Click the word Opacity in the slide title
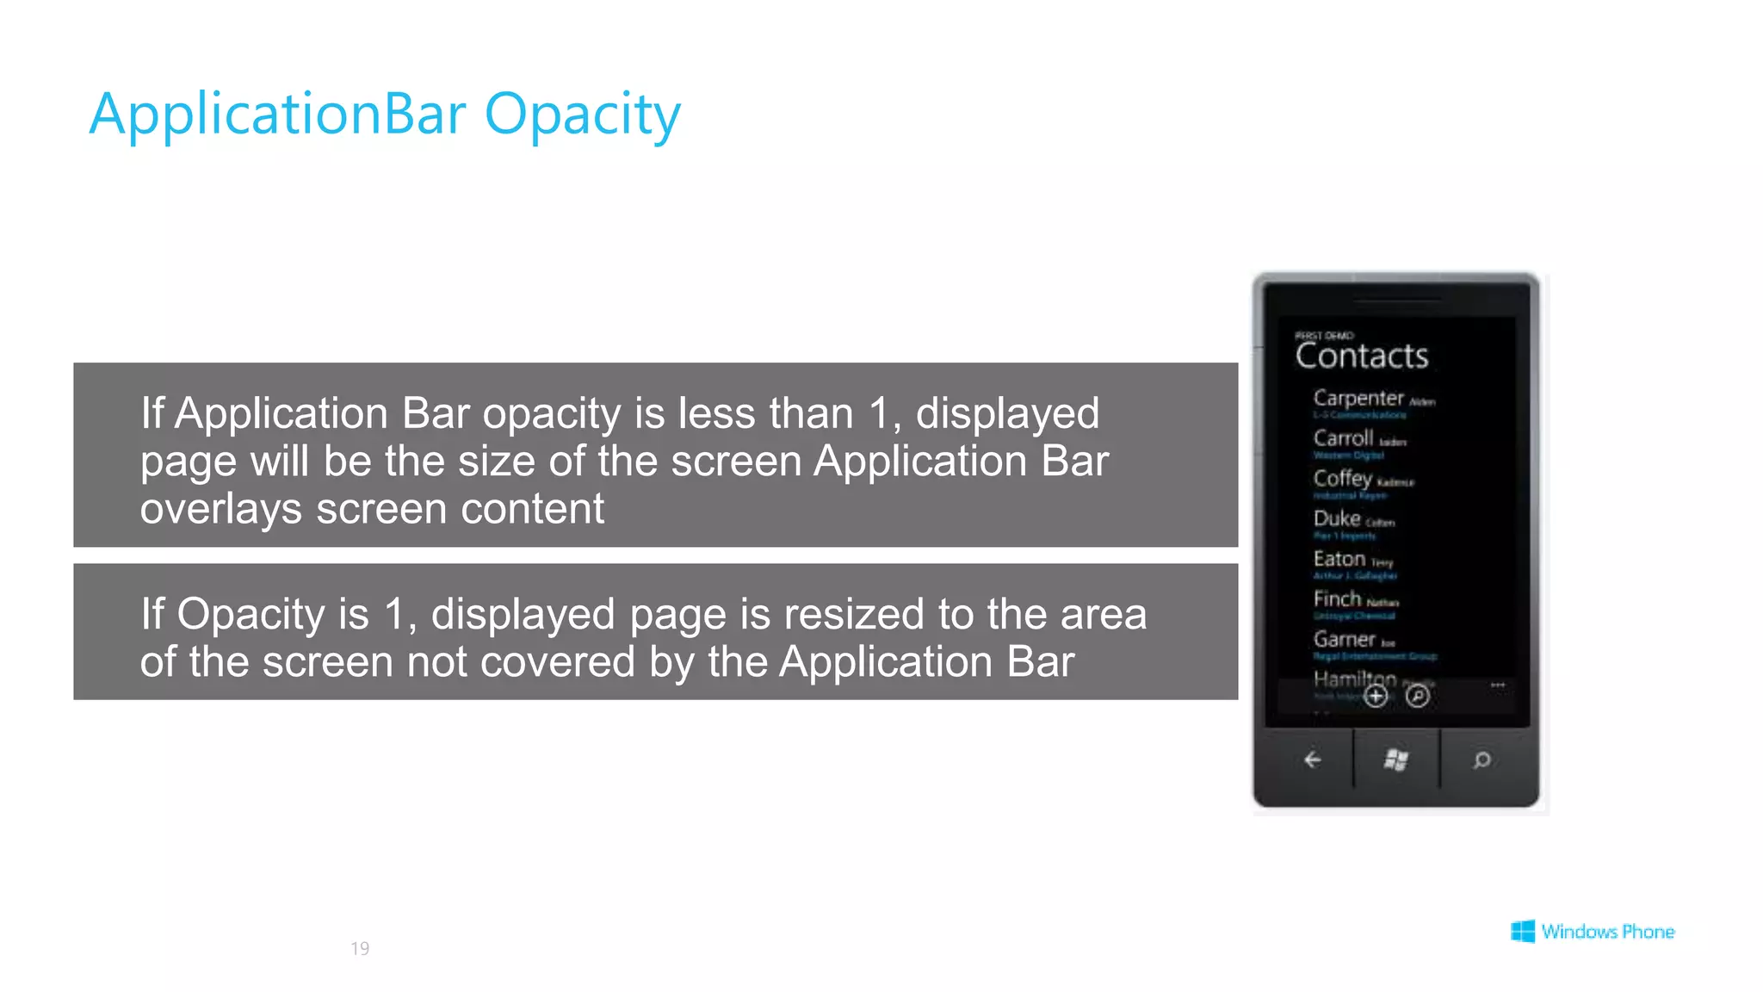tap(582, 115)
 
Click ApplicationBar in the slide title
tap(277, 115)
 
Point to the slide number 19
tap(360, 948)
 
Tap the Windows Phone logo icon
tap(1522, 931)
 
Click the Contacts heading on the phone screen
tap(1362, 356)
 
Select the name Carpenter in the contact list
tap(1358, 398)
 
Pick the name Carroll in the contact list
tap(1343, 438)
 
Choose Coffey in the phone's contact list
tap(1342, 479)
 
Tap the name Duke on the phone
tap(1336, 518)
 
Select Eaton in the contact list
tap(1339, 559)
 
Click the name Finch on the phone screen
tap(1337, 598)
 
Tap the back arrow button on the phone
tap(1312, 759)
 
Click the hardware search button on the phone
tap(1482, 759)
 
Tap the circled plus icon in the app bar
tap(1376, 696)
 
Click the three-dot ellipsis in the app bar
tap(1498, 685)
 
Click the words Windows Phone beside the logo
tap(1607, 932)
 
